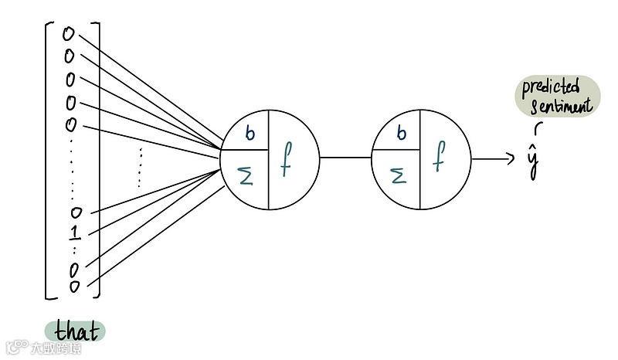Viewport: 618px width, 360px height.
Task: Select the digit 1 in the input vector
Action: [x=75, y=233]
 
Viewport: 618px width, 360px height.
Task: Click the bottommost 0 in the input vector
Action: [x=75, y=287]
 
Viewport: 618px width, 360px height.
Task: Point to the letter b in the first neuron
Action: [x=250, y=134]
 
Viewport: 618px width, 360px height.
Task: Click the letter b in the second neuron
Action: [x=400, y=134]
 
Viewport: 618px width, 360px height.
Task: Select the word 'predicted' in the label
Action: [x=550, y=87]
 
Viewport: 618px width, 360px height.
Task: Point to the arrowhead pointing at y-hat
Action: [x=510, y=158]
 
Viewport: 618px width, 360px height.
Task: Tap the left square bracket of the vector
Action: [x=48, y=162]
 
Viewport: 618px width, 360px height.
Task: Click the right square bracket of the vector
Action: [x=99, y=162]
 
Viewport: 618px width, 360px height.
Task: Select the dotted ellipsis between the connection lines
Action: [x=140, y=166]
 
